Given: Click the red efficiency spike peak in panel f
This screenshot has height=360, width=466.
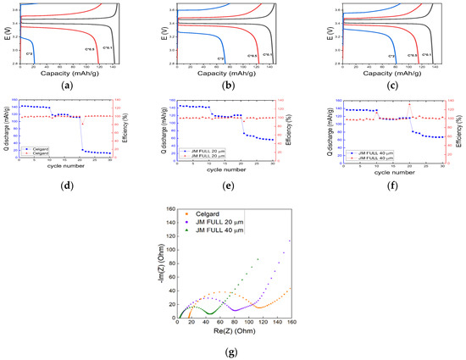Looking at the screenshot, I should (409, 105).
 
